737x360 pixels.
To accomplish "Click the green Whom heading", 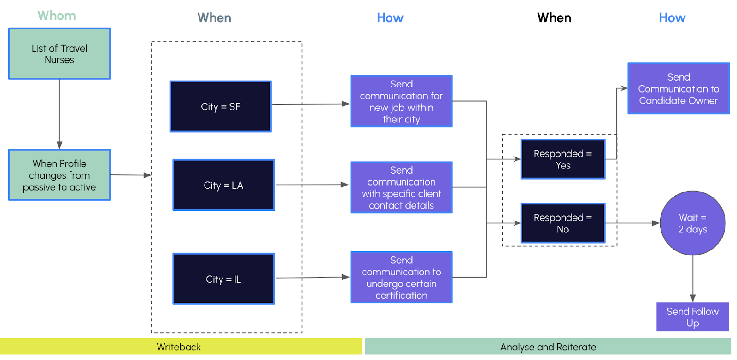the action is coord(57,16).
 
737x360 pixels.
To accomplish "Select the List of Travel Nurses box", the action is coord(59,53).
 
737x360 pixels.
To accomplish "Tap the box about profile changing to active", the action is coord(59,175).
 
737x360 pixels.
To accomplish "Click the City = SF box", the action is coord(221,106).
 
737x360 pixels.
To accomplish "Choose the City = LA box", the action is coord(223,185).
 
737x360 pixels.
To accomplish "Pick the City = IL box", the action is coord(223,279).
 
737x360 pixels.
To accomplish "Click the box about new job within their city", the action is coord(401,101).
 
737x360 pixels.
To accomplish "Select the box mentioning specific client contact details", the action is coord(401,187).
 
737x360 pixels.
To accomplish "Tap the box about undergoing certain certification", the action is coord(401,278).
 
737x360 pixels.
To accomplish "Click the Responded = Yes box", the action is coord(563,159).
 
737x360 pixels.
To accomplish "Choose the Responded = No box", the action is coord(563,223).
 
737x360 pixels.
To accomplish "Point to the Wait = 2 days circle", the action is coord(693,223).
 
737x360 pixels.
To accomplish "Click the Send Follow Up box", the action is coord(693,317).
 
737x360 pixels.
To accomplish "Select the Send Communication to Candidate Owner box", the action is coord(679,88).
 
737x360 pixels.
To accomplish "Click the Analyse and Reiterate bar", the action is coord(548,347).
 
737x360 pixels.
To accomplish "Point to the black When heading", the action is coord(554,18).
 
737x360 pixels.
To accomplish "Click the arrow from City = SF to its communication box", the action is coord(310,104).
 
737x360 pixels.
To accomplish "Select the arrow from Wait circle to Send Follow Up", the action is coord(693,279).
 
